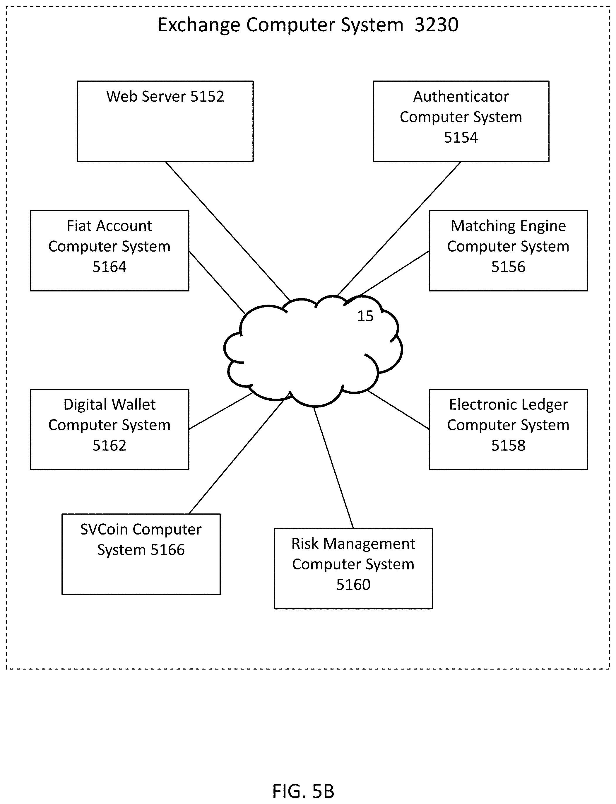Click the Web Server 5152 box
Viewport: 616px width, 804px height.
click(x=165, y=121)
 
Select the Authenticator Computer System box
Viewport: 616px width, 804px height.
click(x=461, y=121)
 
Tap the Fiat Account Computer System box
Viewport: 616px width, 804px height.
click(x=109, y=250)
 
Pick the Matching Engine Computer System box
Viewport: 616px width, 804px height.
click(x=508, y=250)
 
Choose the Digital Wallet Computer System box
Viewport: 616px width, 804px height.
click(x=109, y=429)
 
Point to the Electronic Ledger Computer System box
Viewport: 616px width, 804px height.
click(x=508, y=429)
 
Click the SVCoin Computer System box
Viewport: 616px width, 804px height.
click(x=141, y=554)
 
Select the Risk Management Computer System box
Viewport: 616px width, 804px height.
click(x=353, y=568)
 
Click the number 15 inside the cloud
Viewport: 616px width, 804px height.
click(x=365, y=316)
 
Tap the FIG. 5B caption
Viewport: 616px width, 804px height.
click(x=303, y=791)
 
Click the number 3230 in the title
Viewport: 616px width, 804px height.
click(x=436, y=25)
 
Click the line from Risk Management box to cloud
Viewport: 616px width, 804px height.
click(x=333, y=468)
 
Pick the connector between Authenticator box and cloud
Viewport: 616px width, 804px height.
click(x=398, y=228)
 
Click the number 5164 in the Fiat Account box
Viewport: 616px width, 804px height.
click(x=109, y=267)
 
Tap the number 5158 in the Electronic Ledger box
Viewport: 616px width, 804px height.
click(x=508, y=445)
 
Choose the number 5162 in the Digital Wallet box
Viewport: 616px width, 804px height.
click(x=109, y=445)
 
